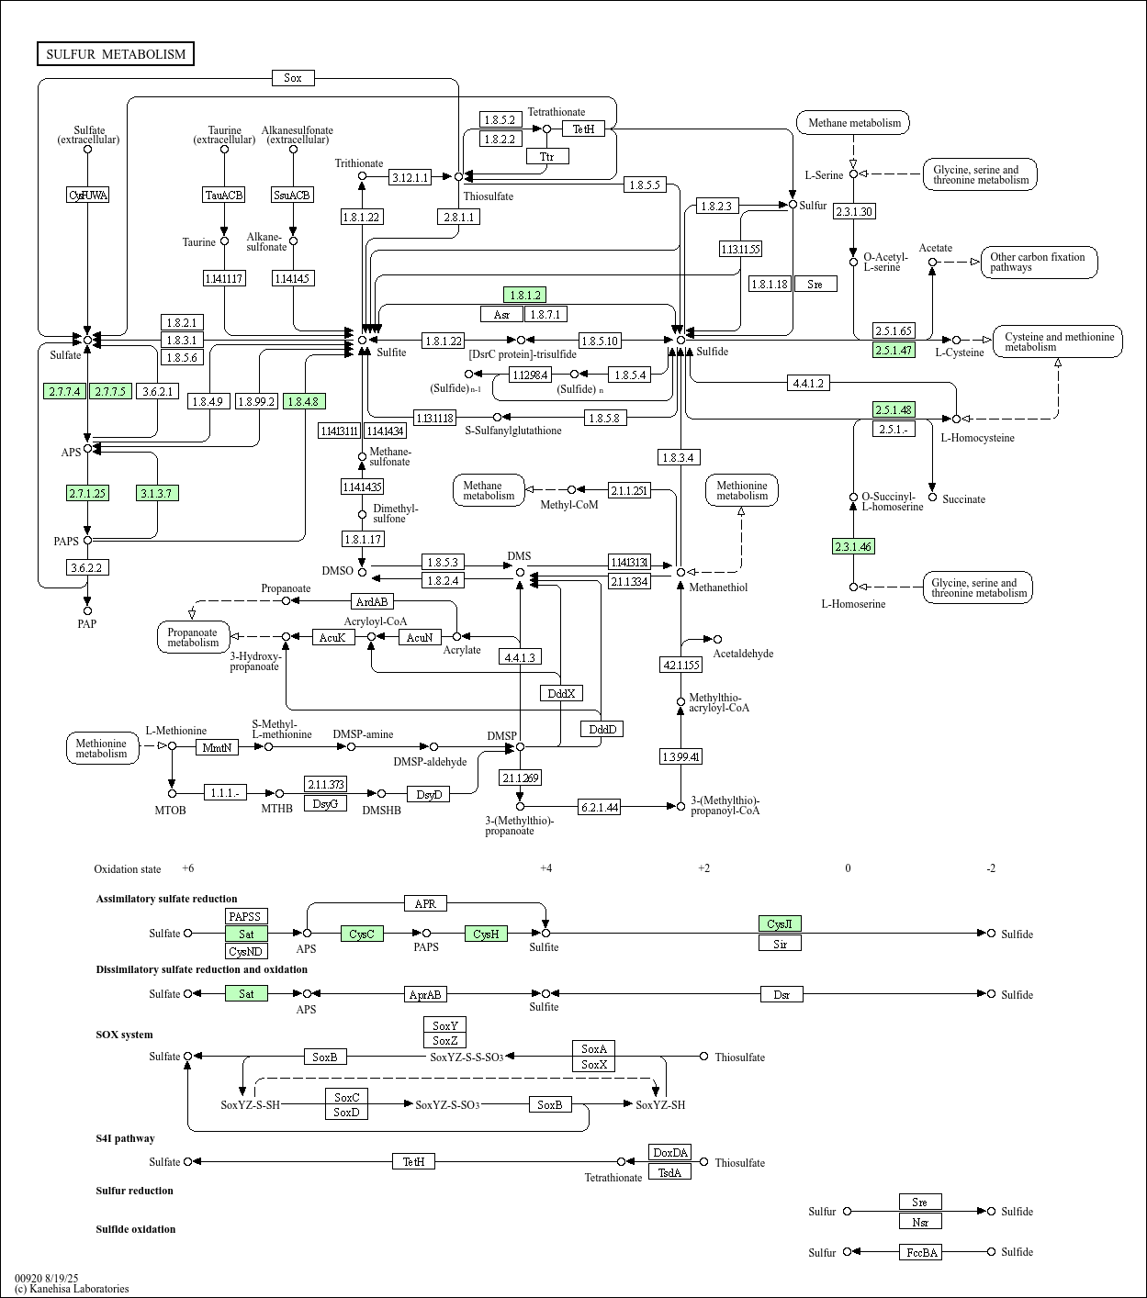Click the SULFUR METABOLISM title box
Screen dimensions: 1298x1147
pos(116,54)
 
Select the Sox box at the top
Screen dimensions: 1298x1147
pos(293,78)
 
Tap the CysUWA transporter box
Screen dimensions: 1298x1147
pos(88,195)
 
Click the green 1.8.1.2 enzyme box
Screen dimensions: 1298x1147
pos(524,295)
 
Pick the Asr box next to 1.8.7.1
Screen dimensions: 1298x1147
pos(501,315)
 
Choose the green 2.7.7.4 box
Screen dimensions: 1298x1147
pos(65,391)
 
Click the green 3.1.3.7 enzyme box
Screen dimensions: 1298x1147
pos(157,493)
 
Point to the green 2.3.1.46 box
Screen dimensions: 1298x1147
pos(853,547)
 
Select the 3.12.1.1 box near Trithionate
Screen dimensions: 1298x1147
pos(410,177)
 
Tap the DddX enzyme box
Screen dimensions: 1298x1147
pos(561,693)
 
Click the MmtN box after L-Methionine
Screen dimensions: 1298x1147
pos(218,747)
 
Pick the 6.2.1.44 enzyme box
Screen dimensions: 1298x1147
pos(600,807)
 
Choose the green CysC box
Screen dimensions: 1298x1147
pos(362,934)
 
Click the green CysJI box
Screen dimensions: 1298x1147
pos(780,923)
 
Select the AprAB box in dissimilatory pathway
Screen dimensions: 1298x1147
pos(425,994)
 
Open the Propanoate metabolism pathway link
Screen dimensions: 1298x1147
pos(193,637)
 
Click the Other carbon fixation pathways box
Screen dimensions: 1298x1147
pos(1039,263)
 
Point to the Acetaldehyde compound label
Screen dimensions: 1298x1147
pos(743,654)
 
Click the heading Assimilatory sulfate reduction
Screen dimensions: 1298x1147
pos(166,899)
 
